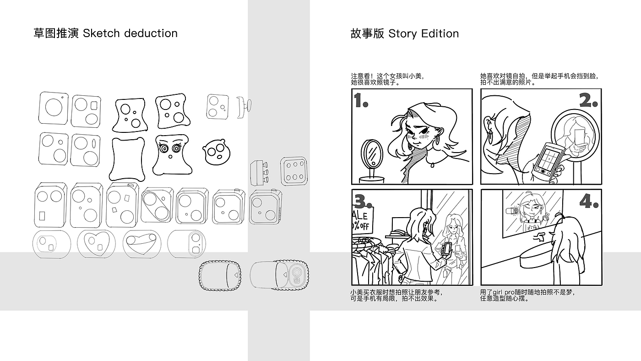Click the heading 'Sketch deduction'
pos(130,33)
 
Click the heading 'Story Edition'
pos(424,33)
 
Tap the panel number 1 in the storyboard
pos(361,100)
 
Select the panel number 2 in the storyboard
pos(588,100)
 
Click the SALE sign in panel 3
pos(362,219)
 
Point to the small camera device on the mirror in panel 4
pos(512,211)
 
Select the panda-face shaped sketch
pos(216,152)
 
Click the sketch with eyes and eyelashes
pos(172,154)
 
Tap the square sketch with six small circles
pos(294,171)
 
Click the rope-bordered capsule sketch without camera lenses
pos(220,275)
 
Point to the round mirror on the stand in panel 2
pos(575,135)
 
